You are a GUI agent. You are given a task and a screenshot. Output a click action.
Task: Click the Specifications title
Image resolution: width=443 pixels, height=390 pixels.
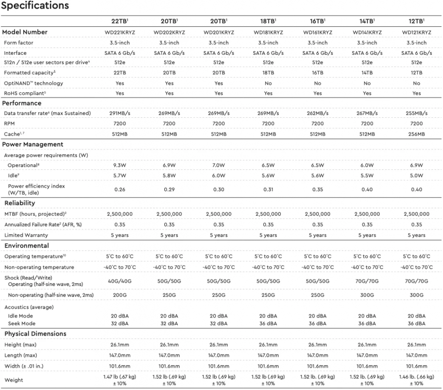click(x=35, y=5)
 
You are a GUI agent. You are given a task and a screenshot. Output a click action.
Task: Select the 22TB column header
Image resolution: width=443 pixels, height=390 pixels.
click(x=120, y=21)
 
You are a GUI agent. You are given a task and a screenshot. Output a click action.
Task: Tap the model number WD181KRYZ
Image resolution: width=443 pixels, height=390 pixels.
click(x=268, y=32)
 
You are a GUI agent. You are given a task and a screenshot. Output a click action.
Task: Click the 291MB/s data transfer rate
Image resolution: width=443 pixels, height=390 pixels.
click(x=120, y=113)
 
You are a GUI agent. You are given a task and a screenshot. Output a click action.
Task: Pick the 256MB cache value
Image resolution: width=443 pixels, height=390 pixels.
click(x=416, y=134)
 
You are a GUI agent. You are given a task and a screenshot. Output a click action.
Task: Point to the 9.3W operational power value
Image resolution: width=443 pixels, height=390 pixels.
click(x=120, y=165)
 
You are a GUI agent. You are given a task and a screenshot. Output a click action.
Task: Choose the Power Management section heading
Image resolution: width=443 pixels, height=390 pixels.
click(x=32, y=144)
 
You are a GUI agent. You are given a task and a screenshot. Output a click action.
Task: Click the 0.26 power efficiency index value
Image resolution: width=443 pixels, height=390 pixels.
click(x=120, y=189)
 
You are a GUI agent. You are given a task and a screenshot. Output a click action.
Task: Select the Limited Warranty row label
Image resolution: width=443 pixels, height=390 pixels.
click(x=26, y=235)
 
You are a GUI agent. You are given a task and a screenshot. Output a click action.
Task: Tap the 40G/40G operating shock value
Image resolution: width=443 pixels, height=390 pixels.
click(x=120, y=281)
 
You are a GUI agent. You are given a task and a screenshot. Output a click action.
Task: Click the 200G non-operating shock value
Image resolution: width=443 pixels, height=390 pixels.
click(x=120, y=295)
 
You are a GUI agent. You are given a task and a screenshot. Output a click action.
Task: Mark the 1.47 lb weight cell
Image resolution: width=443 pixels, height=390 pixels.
click(x=120, y=380)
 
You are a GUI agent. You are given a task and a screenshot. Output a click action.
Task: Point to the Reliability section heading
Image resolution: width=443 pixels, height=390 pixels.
click(x=20, y=203)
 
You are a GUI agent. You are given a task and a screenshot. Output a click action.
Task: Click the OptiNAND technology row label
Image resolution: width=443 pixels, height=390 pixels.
click(x=33, y=83)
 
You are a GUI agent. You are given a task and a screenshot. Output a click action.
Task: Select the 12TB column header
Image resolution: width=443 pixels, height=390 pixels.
click(x=416, y=21)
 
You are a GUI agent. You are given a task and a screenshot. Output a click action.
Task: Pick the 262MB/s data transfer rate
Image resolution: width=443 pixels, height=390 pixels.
click(x=318, y=113)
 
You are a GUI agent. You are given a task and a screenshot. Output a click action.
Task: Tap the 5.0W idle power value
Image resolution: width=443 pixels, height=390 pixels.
click(x=416, y=176)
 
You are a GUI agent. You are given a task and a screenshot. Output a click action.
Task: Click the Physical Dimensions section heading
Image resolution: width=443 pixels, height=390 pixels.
click(x=35, y=334)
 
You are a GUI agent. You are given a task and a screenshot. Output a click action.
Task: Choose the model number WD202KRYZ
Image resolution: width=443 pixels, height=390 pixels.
click(x=169, y=32)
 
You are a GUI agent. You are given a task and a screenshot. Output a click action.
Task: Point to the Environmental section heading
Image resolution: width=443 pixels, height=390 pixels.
click(x=27, y=246)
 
